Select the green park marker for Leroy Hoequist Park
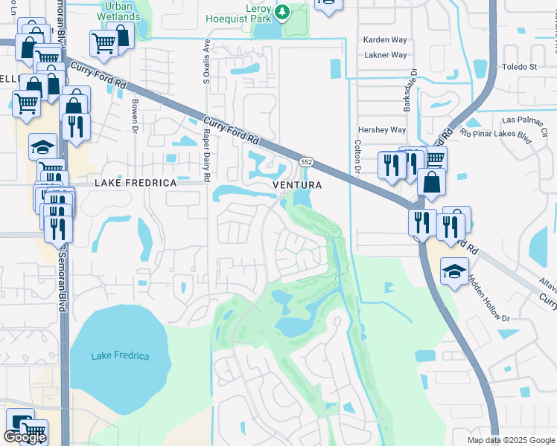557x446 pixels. click(x=282, y=11)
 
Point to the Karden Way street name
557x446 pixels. click(x=384, y=39)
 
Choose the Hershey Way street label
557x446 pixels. click(x=382, y=130)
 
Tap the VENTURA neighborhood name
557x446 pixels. click(x=297, y=184)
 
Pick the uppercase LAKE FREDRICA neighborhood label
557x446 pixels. click(x=136, y=183)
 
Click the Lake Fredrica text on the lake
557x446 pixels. click(x=120, y=356)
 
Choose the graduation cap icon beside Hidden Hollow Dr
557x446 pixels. click(x=453, y=271)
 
